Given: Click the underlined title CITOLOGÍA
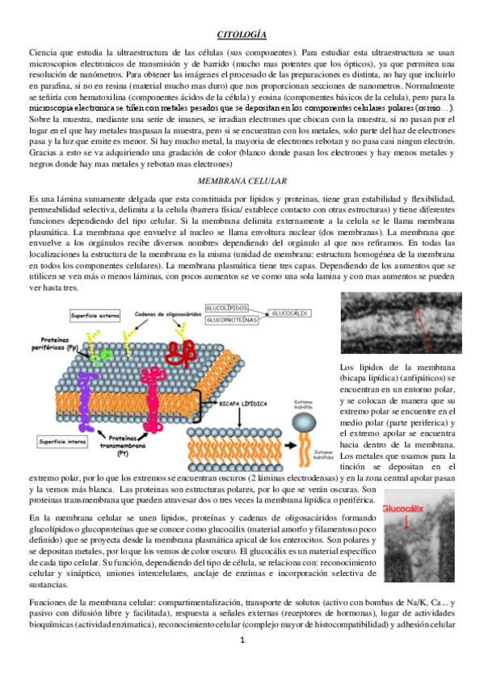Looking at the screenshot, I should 242,35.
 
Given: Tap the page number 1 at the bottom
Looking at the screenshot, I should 242,662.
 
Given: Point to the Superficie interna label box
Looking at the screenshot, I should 64,441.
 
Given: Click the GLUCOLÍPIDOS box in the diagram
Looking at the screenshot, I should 226,308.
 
